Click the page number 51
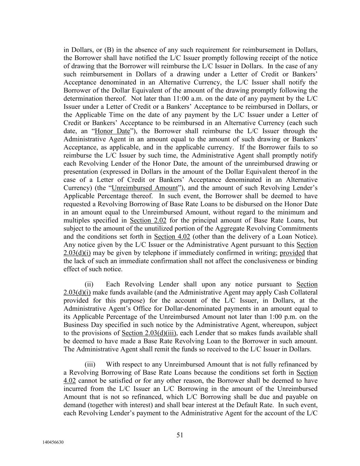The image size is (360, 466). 180,435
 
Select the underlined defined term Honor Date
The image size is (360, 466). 112,131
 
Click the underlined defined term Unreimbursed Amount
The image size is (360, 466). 145,188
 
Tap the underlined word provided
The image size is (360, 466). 292,253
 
